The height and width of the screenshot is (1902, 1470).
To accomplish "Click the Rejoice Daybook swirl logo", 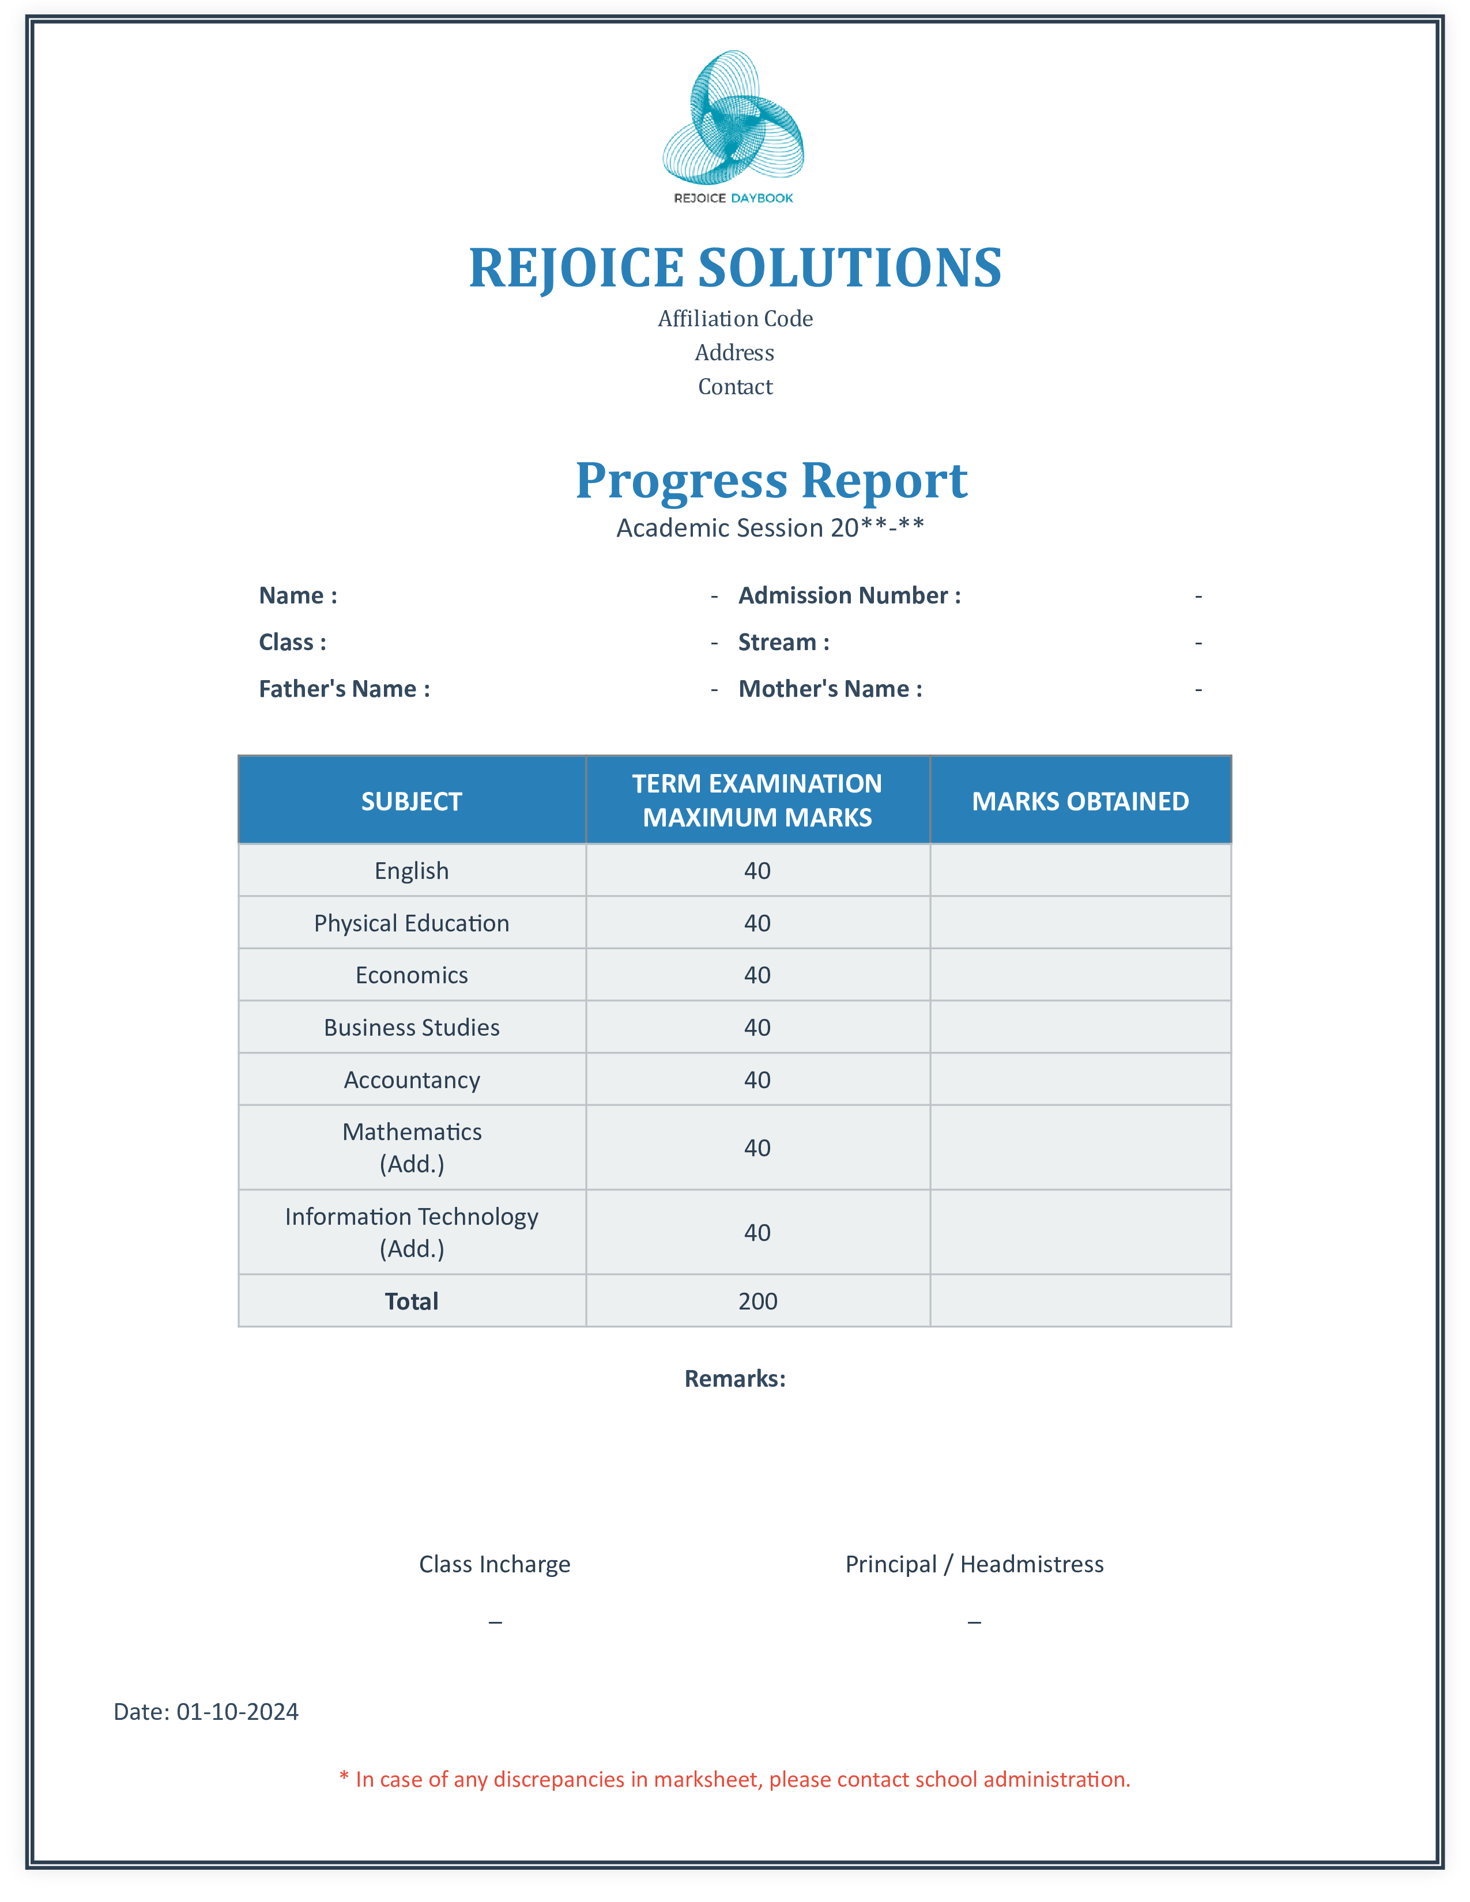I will [x=733, y=118].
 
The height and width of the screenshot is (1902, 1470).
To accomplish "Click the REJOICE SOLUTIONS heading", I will [x=735, y=267].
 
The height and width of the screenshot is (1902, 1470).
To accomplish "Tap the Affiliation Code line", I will [x=735, y=319].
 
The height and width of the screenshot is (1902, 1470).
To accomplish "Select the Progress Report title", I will [x=771, y=480].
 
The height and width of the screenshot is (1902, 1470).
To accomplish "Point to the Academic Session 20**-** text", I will [x=770, y=528].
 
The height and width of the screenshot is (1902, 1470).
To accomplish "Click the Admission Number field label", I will [x=849, y=596].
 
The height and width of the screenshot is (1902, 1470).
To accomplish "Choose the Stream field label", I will [x=783, y=643].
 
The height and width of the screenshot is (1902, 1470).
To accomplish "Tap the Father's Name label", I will [x=344, y=689].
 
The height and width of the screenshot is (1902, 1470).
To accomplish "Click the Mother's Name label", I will [x=830, y=689].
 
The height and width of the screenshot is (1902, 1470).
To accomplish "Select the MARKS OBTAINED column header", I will [x=1080, y=801].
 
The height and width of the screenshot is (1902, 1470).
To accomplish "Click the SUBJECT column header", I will [x=412, y=801].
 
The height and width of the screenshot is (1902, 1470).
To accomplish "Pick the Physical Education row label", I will [x=412, y=923].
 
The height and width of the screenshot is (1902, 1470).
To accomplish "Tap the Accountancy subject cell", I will [x=412, y=1080].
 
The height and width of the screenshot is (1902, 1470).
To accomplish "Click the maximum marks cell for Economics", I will [x=757, y=975].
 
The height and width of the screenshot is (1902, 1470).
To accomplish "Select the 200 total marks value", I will [x=757, y=1301].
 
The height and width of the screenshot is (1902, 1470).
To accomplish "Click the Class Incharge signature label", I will [x=495, y=1564].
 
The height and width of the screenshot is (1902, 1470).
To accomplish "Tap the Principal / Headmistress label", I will [x=974, y=1564].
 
